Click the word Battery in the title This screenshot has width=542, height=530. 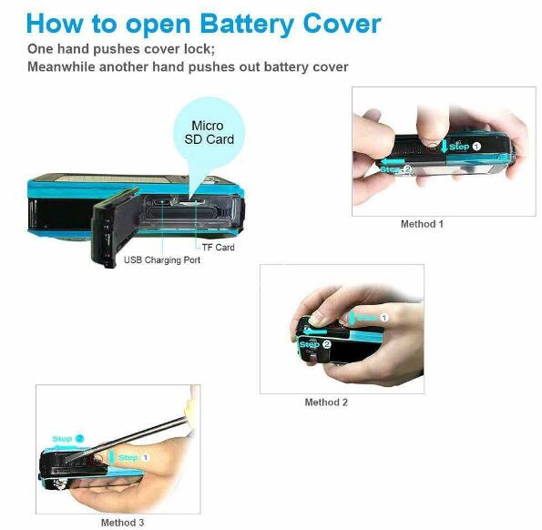pos(247,25)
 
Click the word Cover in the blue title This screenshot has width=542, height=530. pos(342,24)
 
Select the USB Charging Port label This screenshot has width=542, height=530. pos(162,260)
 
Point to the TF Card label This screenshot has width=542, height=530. pos(218,248)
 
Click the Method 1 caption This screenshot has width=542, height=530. pos(422,224)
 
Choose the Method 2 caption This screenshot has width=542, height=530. pos(326,403)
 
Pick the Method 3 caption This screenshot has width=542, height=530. pos(122,523)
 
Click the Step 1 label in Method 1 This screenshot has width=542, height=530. pos(465,147)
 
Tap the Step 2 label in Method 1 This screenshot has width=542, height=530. pos(395,169)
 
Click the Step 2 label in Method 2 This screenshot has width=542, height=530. pos(315,344)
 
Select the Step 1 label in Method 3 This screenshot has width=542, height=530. pos(133,457)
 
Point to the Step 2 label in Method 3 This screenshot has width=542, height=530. pos(67,439)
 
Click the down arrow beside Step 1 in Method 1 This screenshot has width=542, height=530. pos(445,145)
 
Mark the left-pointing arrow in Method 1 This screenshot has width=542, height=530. pos(392,161)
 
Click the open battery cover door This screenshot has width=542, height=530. pos(114,228)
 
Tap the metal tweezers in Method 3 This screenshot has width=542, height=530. pos(127,440)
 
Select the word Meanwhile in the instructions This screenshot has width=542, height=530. pos(61,66)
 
